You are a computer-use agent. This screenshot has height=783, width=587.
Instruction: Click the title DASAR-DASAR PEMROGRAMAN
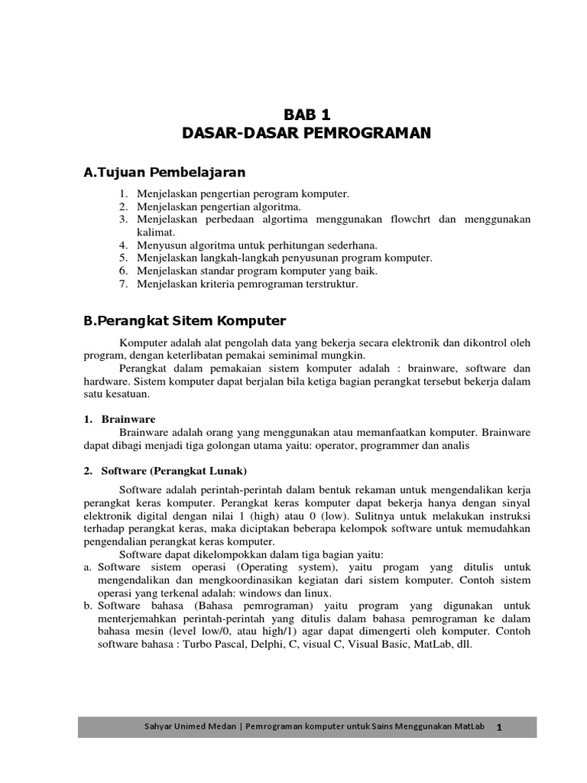tap(306, 134)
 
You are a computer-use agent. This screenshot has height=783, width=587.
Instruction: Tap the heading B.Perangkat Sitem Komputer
tap(184, 320)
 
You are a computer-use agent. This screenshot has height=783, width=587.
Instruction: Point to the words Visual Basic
tap(378, 645)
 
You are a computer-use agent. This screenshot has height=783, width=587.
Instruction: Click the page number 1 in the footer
tap(499, 728)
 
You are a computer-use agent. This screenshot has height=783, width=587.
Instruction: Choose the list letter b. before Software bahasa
tap(88, 606)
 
